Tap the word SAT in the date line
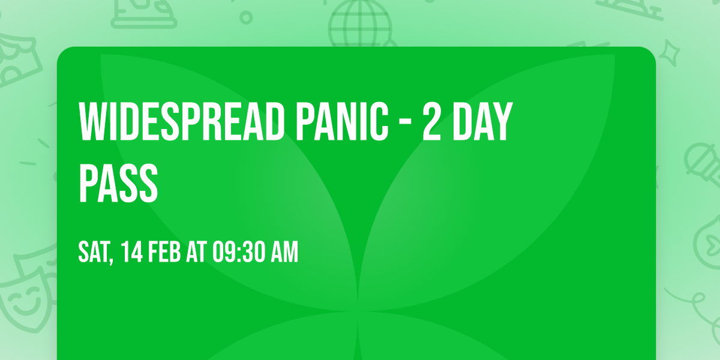pos(93,253)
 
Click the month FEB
pos(164,253)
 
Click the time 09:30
pos(238,253)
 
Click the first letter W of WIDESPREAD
pos(92,122)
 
